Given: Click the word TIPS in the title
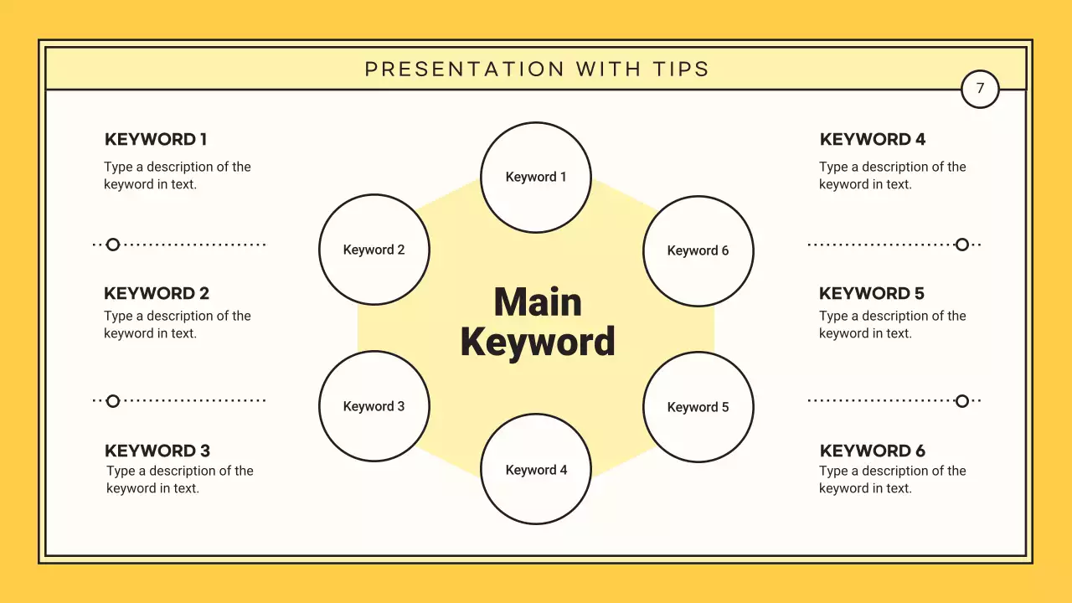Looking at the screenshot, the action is coord(681,70).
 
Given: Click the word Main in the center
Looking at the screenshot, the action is coord(538,302).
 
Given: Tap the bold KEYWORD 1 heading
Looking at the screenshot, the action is coord(156,139).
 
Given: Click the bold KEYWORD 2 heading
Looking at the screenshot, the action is coord(157,293).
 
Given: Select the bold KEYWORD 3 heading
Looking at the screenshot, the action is coord(157,451).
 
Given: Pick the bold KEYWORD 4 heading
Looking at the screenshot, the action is coord(873,139).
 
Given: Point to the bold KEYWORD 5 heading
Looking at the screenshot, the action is coord(872,293).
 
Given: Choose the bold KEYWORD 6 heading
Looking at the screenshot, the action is coord(873,451).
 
